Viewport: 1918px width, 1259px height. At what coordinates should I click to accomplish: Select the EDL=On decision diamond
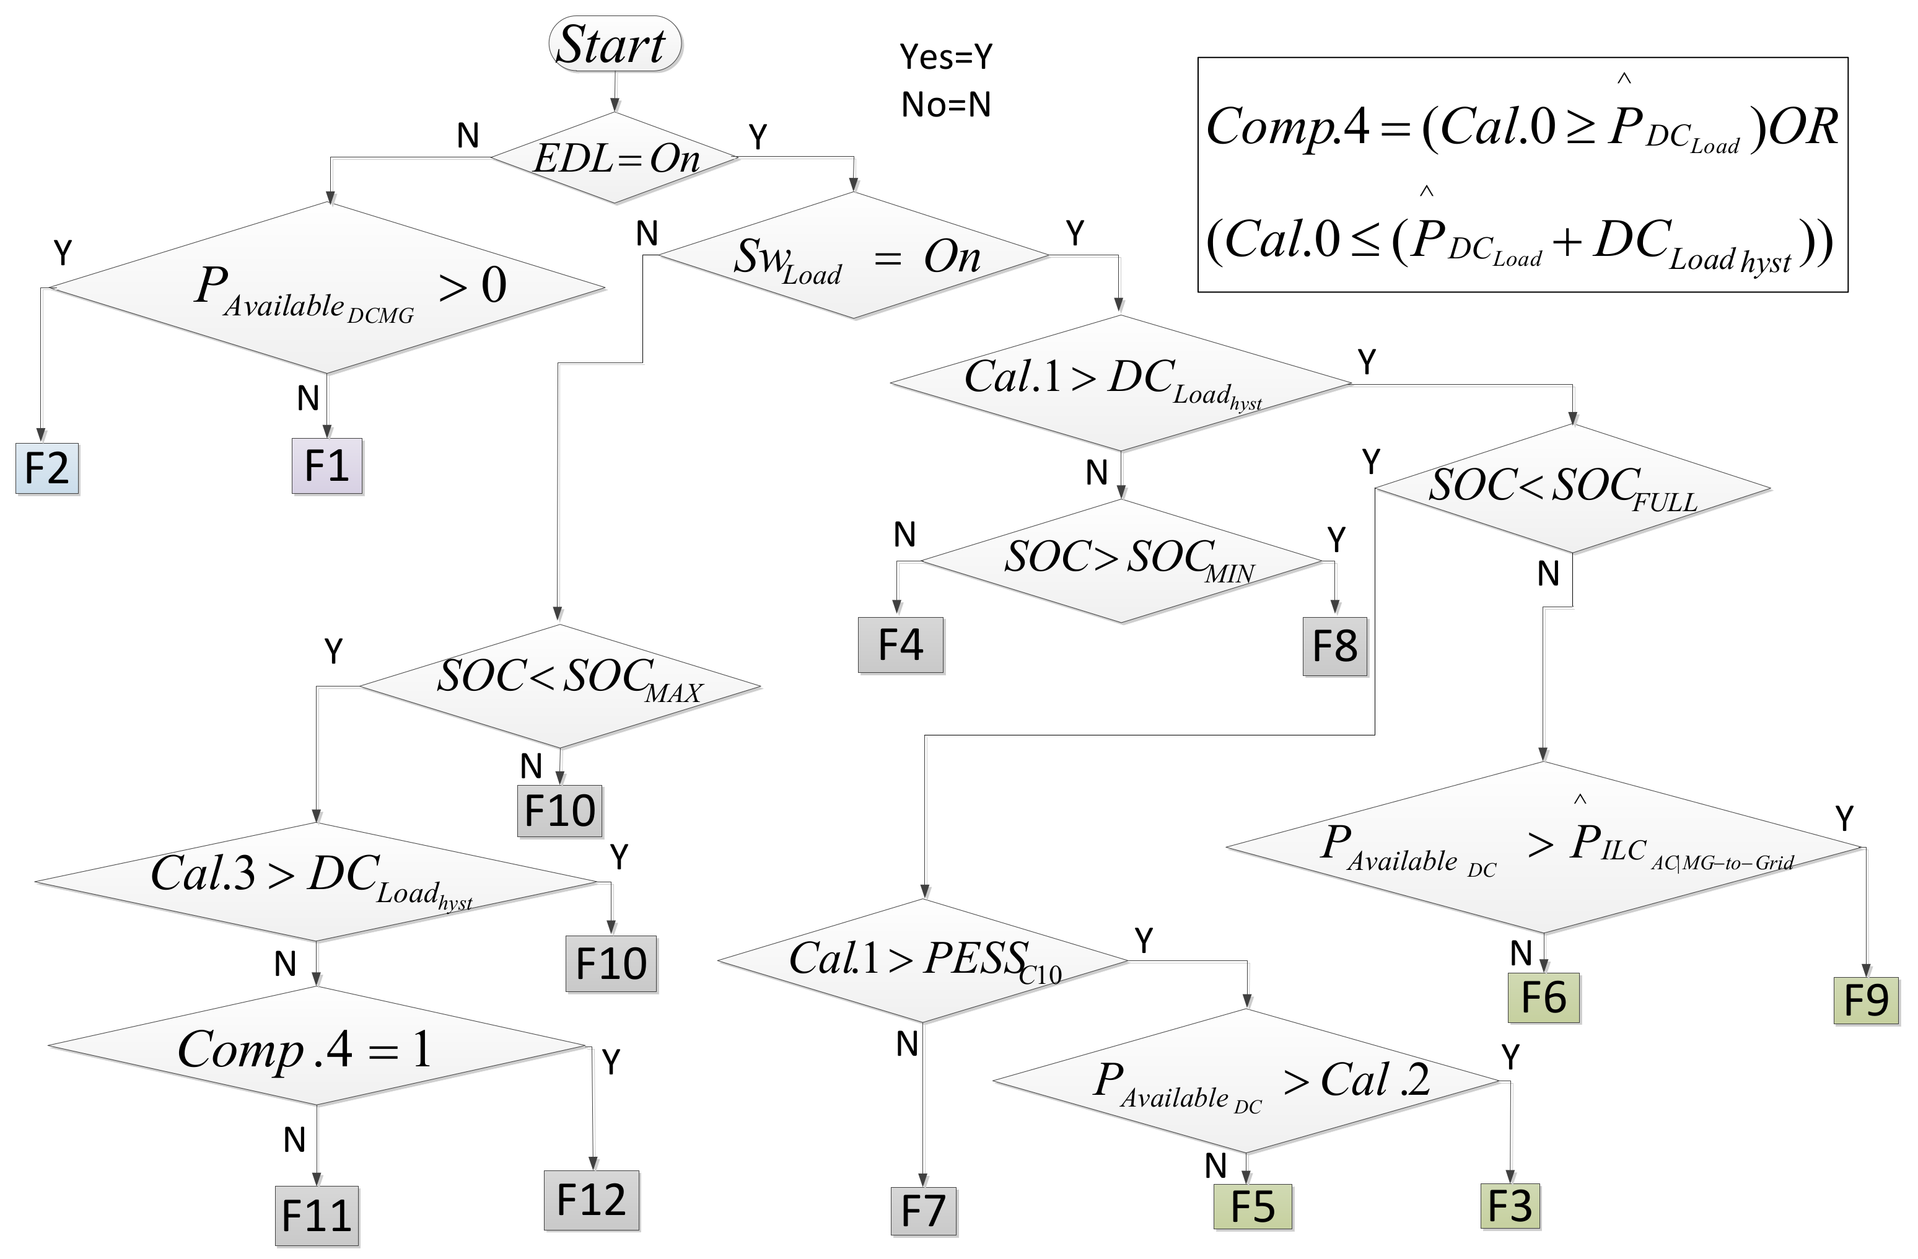tap(615, 157)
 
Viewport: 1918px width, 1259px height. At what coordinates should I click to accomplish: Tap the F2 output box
tap(46, 468)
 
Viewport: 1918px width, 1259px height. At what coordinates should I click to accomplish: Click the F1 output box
tap(326, 466)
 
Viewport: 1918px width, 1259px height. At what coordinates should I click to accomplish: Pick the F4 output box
tap(900, 645)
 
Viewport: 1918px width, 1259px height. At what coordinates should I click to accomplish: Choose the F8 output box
tap(1334, 646)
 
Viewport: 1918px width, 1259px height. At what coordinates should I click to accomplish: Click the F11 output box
tap(317, 1216)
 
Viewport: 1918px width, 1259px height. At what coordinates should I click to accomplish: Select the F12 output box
tap(591, 1200)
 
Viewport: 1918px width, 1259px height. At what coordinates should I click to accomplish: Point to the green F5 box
tap(1253, 1206)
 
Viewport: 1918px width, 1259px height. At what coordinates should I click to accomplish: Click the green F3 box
tap(1509, 1206)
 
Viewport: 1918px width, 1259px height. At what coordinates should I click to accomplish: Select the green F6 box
tap(1543, 998)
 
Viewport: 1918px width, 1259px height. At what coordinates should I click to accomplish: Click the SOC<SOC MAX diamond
tap(559, 686)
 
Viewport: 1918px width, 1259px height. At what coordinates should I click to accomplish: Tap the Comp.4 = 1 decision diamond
tap(316, 1046)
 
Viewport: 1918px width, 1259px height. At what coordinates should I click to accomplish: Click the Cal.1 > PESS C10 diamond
tap(922, 960)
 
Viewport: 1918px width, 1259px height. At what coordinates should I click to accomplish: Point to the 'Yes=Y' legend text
tap(945, 56)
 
